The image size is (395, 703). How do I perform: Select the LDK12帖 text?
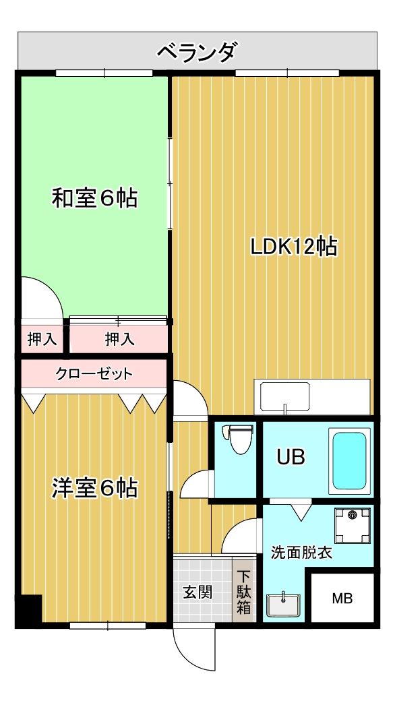click(x=293, y=247)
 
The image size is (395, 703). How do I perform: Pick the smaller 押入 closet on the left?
click(x=42, y=339)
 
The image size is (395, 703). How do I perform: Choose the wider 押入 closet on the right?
click(x=119, y=339)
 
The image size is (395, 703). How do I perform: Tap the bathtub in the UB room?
click(x=349, y=460)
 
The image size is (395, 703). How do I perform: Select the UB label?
click(x=291, y=458)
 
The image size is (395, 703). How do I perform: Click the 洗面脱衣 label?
click(x=301, y=553)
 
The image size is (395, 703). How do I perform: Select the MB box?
click(x=342, y=599)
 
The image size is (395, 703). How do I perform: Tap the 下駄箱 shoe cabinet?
click(x=243, y=592)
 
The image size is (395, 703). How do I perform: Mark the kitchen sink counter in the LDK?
click(x=312, y=397)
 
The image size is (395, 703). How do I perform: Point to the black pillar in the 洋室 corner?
click(x=29, y=610)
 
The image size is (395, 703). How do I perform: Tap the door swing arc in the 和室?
click(x=40, y=296)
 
